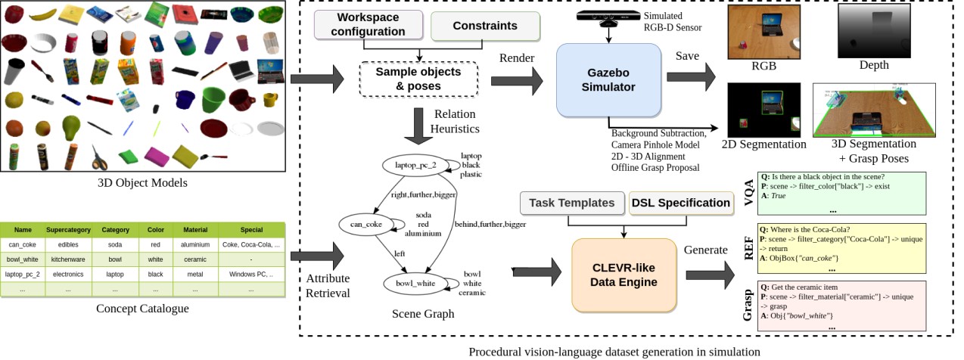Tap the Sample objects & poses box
point(418,78)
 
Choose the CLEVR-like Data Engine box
point(623,275)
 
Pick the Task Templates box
point(572,203)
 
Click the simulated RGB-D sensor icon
point(606,17)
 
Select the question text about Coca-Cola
point(807,230)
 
